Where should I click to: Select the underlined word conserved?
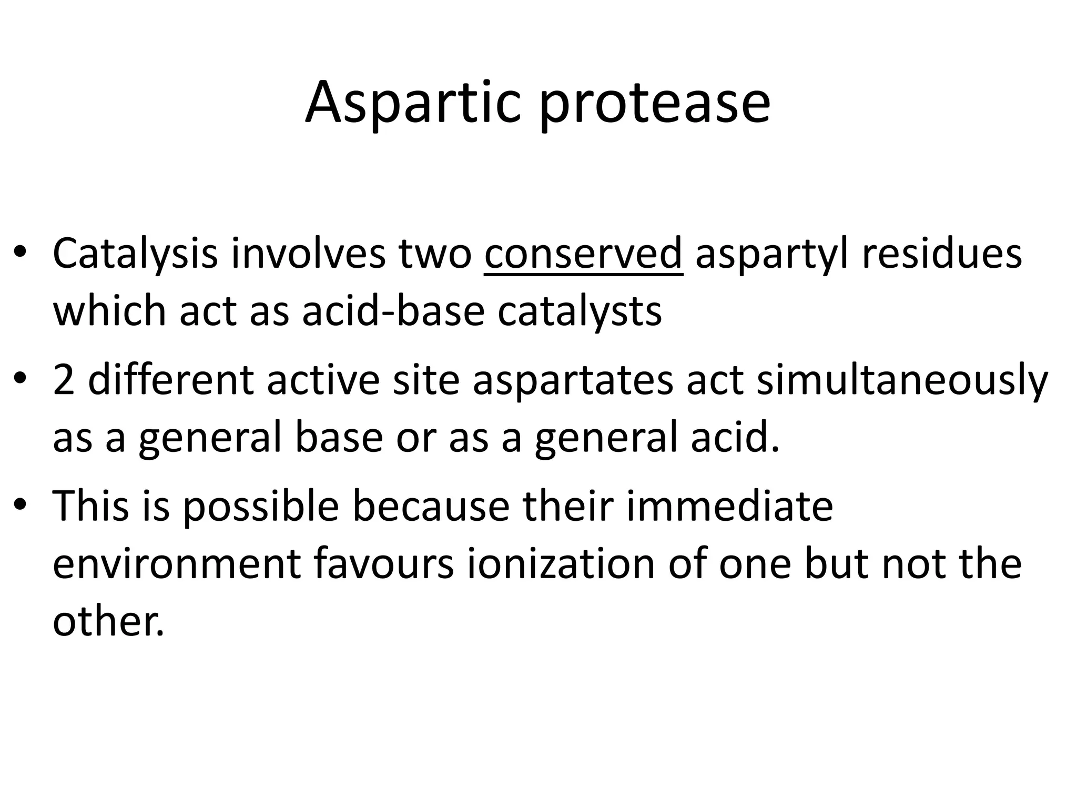(x=583, y=254)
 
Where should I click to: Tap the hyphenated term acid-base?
(x=393, y=311)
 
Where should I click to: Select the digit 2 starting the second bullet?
(x=64, y=381)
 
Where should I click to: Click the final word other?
(x=108, y=621)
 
